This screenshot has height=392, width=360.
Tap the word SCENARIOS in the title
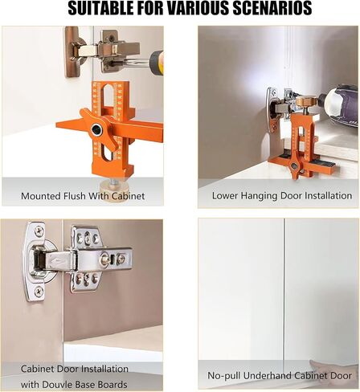pos(272,8)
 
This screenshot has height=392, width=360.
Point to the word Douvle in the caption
pos(57,385)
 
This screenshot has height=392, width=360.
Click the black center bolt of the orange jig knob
pos(96,129)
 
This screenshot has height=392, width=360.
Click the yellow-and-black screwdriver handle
pos(157,63)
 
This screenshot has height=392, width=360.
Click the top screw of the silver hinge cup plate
pos(39,230)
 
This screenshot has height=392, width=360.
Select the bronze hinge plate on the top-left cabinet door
pos(72,51)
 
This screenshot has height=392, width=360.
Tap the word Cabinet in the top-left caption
pos(128,196)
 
